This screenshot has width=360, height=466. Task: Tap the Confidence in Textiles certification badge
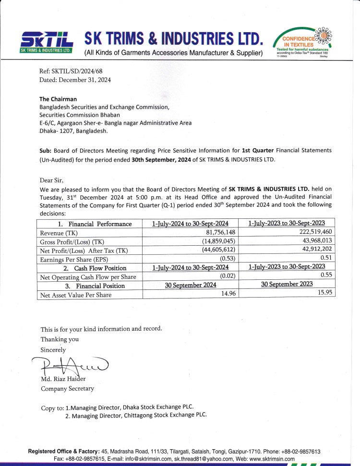[x=304, y=42]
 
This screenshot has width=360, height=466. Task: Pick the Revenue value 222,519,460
[x=312, y=232]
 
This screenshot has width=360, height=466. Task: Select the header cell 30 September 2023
[x=287, y=285]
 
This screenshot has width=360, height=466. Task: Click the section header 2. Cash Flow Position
[x=95, y=268]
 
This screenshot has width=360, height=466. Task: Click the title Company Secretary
[x=67, y=389]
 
